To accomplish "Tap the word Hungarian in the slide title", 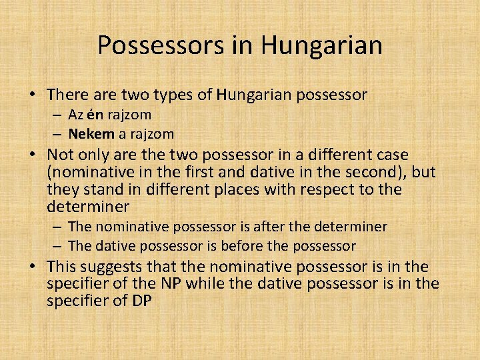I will [x=322, y=45].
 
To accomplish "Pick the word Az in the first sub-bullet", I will [x=76, y=115].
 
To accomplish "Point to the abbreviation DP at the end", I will [x=141, y=301].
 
